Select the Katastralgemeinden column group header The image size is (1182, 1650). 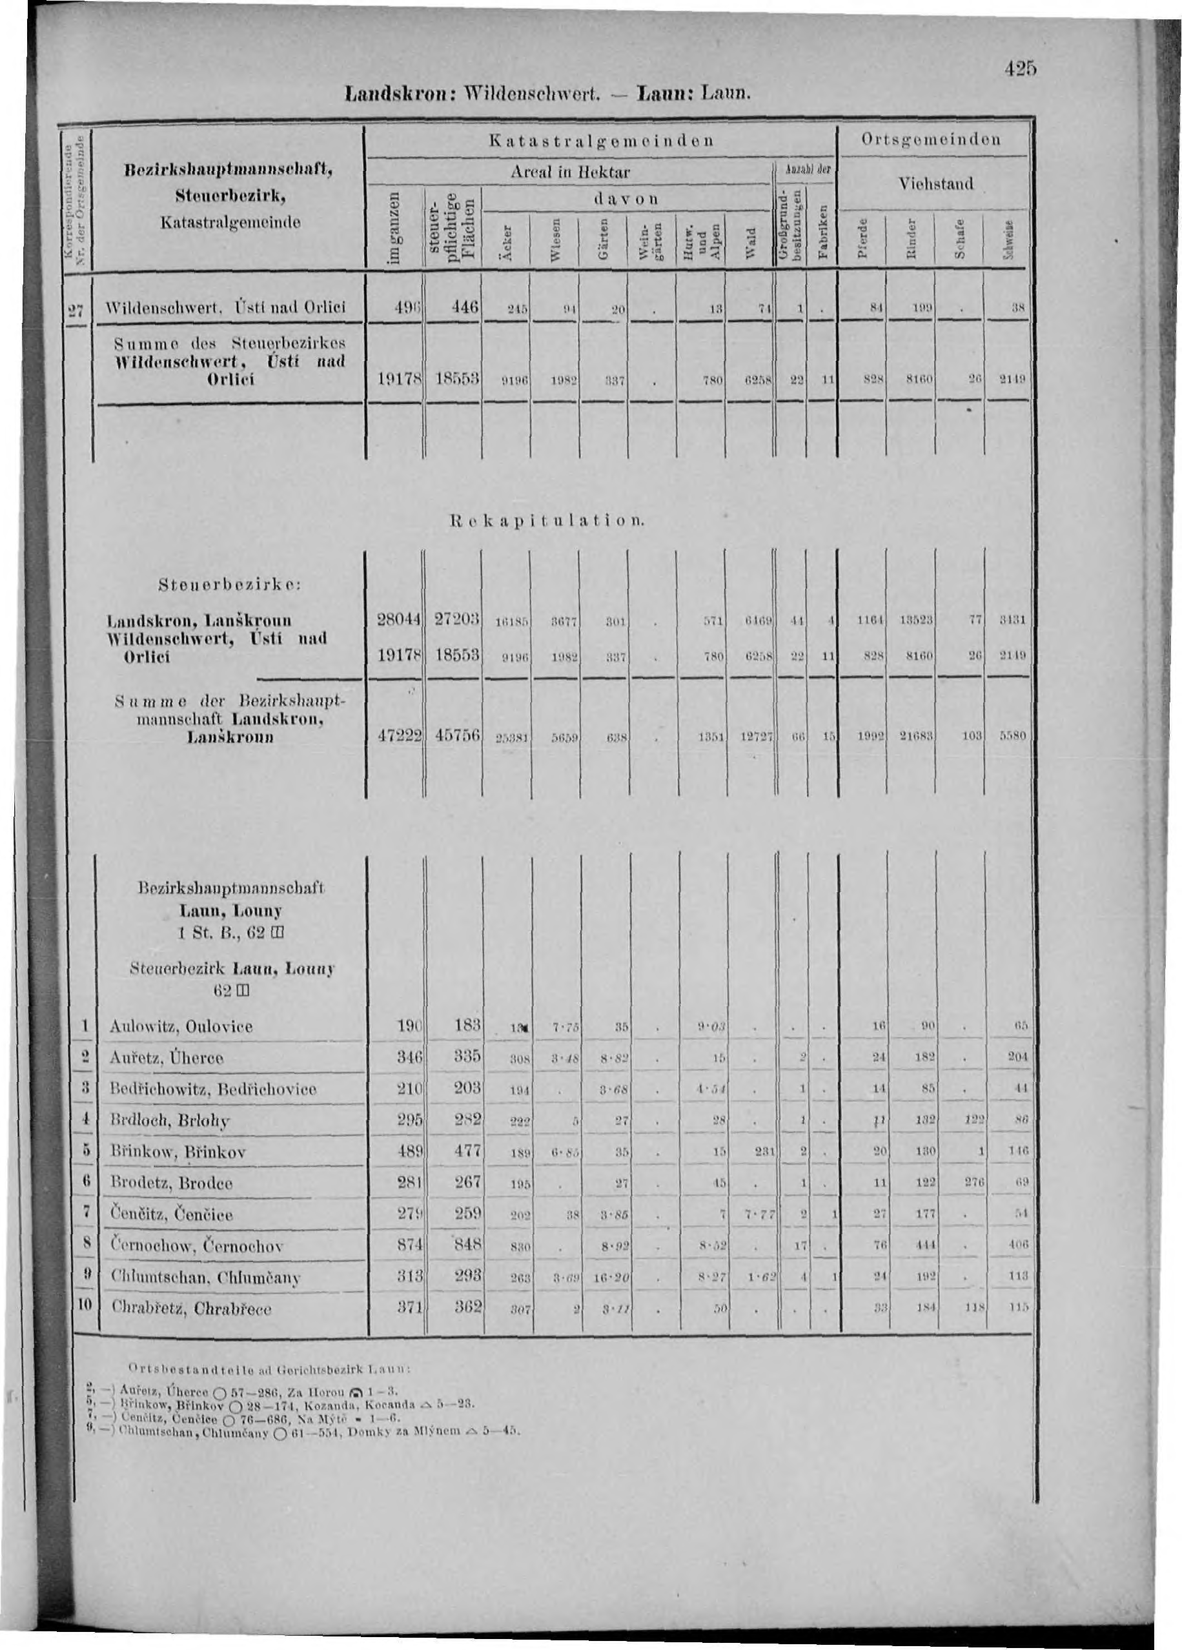(600, 138)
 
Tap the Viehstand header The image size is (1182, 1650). (935, 184)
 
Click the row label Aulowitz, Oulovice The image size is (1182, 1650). (180, 1026)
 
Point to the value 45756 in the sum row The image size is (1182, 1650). (454, 735)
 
